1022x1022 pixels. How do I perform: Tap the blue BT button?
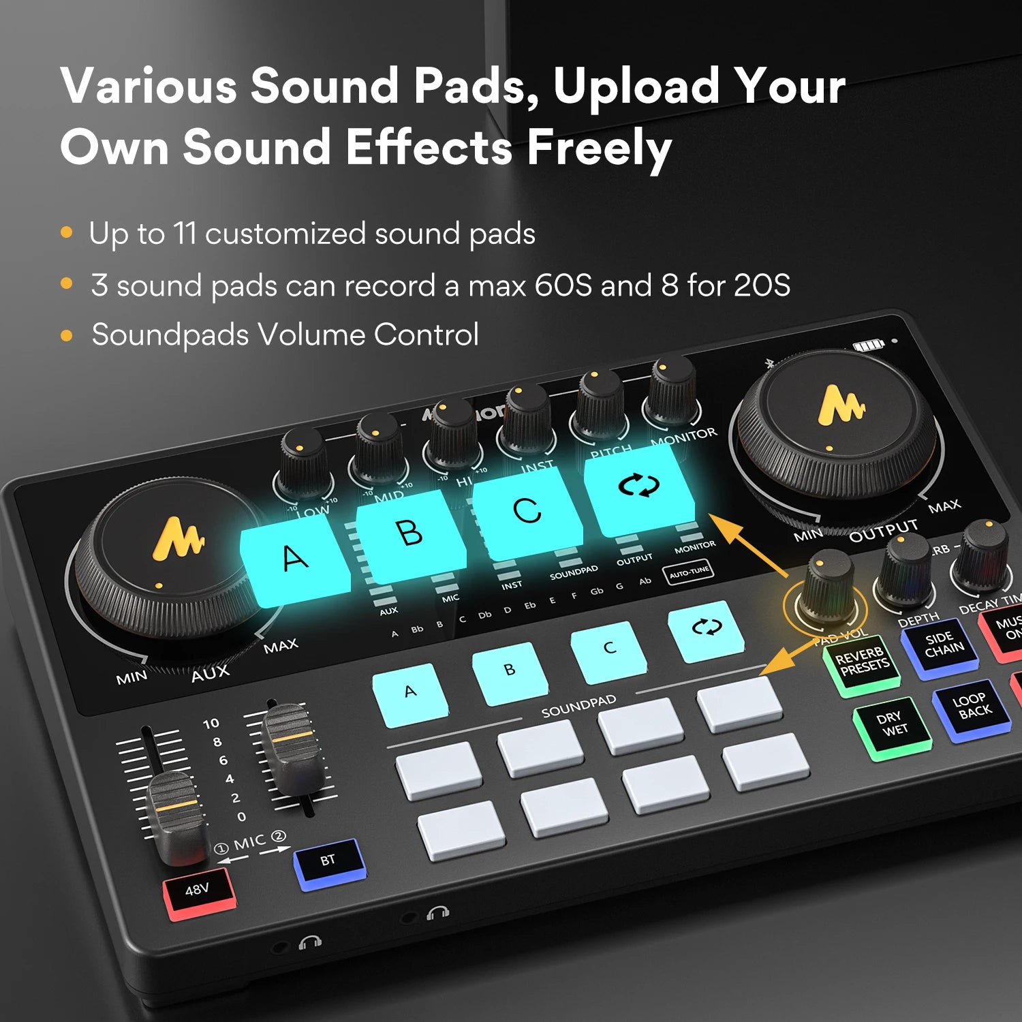[x=328, y=862]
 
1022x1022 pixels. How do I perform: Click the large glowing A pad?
[x=295, y=560]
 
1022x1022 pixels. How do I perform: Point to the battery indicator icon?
[x=869, y=346]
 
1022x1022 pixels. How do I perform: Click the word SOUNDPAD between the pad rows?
[x=578, y=707]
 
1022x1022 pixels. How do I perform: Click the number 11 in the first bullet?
[x=185, y=234]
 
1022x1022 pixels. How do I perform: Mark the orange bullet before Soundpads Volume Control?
[x=67, y=335]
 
